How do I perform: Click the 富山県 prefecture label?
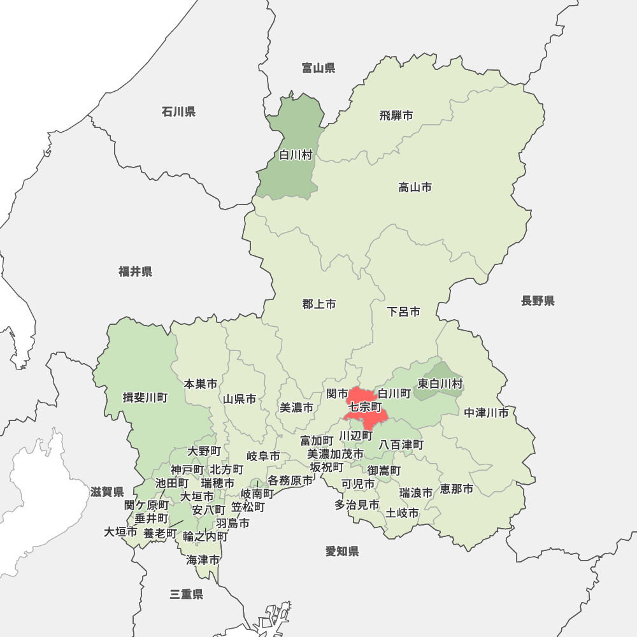318,68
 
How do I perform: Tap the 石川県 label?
178,112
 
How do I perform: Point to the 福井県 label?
135,272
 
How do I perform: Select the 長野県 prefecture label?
538,301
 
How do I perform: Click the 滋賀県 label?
107,492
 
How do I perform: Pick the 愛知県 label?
342,552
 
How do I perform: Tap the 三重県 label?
187,594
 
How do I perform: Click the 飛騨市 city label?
396,115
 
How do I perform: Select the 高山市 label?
415,187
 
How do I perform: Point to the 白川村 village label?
296,155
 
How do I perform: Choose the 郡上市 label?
319,304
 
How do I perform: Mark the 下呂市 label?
404,312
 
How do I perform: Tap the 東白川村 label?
440,384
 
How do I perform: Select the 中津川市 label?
487,413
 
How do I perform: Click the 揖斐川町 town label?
145,398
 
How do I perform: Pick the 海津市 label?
203,561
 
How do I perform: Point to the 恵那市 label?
457,489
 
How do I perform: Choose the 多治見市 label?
357,505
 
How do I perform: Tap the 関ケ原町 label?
146,505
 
